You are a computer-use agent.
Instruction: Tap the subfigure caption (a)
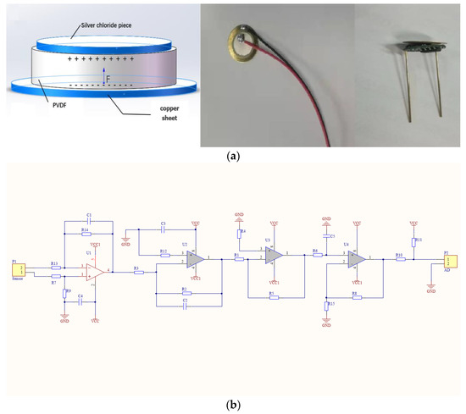tap(232, 156)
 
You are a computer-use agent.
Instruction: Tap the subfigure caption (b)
tap(232, 405)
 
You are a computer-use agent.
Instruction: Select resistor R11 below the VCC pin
tap(414, 241)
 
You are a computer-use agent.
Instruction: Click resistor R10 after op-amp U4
tap(398, 257)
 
